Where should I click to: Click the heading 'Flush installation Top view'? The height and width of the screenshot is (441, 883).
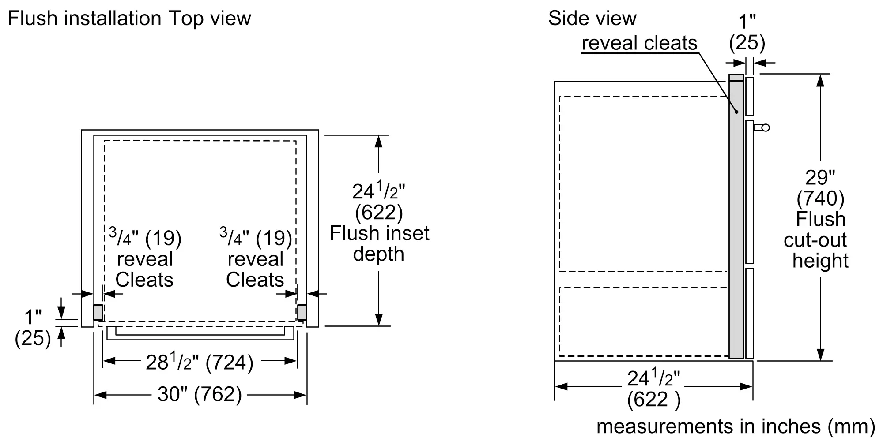pyautogui.click(x=129, y=19)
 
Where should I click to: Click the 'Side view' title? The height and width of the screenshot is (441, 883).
pyautogui.click(x=592, y=19)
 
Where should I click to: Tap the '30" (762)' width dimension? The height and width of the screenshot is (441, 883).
pyautogui.click(x=200, y=394)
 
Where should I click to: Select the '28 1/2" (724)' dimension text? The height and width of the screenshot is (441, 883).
pyautogui.click(x=200, y=363)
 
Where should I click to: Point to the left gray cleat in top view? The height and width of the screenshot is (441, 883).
pyautogui.click(x=98, y=312)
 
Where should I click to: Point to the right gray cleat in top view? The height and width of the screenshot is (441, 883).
pyautogui.click(x=302, y=312)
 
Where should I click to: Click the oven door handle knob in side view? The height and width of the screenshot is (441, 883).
pyautogui.click(x=765, y=127)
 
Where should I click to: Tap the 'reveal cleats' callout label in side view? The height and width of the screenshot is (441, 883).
pyautogui.click(x=639, y=43)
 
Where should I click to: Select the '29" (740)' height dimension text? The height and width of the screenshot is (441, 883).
pyautogui.click(x=820, y=188)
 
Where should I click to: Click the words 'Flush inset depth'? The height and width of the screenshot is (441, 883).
pyautogui.click(x=379, y=243)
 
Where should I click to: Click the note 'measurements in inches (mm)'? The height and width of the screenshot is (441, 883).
pyautogui.click(x=736, y=426)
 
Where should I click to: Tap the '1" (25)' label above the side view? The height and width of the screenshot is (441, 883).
pyautogui.click(x=747, y=32)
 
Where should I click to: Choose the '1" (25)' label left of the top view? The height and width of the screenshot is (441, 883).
pyautogui.click(x=33, y=328)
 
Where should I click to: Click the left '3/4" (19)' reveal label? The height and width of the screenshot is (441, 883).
pyautogui.click(x=145, y=238)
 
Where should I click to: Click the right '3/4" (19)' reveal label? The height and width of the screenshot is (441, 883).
pyautogui.click(x=256, y=238)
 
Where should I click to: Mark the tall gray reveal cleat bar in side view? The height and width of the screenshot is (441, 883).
pyautogui.click(x=736, y=216)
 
